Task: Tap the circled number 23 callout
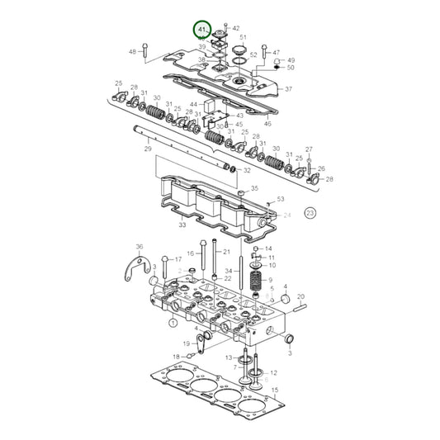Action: (310, 212)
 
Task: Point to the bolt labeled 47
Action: (265, 52)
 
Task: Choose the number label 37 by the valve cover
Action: (288, 89)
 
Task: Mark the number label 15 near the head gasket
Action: (276, 389)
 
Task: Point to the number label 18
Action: (175, 357)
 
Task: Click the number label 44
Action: (194, 104)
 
